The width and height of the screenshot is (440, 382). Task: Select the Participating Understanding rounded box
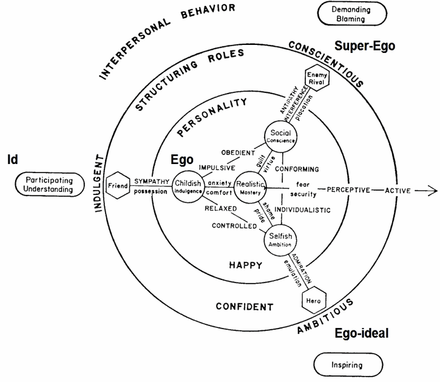click(x=49, y=185)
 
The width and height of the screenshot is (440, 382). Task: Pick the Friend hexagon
click(x=117, y=184)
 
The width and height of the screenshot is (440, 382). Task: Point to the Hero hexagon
click(x=314, y=299)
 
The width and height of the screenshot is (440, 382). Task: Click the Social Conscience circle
click(x=280, y=137)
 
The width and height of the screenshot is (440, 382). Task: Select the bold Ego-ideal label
click(x=361, y=333)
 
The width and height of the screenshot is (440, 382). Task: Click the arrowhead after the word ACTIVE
click(x=432, y=190)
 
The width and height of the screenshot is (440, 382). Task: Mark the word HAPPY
click(x=245, y=265)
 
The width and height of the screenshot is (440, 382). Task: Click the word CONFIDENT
click(x=245, y=307)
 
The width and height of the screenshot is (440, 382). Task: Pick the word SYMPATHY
click(x=148, y=181)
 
